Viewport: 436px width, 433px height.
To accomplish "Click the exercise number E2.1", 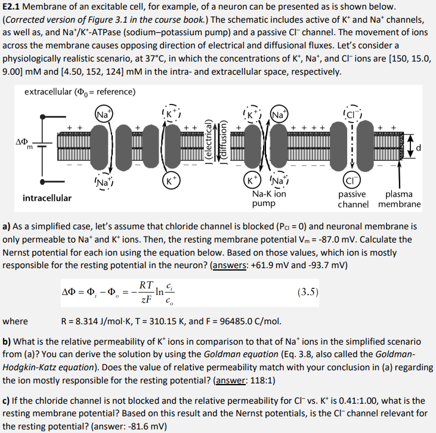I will coord(14,7).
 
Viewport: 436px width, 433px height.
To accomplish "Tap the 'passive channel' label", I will coord(353,199).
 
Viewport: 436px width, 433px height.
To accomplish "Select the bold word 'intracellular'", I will coord(47,198).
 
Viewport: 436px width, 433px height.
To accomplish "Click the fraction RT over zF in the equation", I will coord(146,292).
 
